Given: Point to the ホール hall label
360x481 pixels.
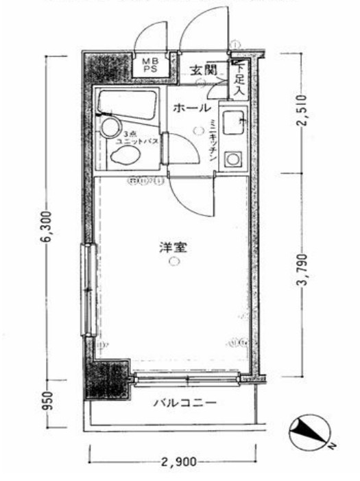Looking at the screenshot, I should [191, 108].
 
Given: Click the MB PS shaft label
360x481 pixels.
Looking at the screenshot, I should [149, 65].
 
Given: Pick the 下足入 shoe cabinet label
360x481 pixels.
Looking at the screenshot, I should [239, 78].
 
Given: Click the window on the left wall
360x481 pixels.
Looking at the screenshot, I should [86, 289].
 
